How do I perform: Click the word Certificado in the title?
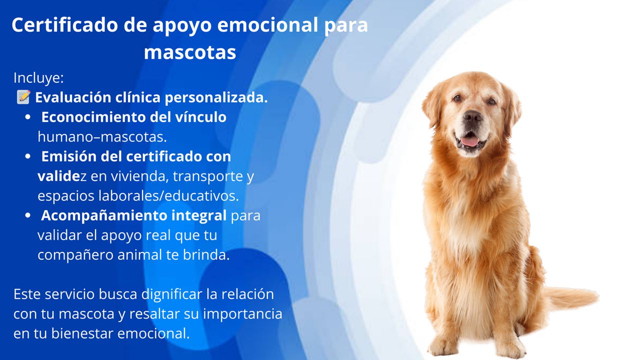[x=64, y=25]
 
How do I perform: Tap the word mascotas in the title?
[x=190, y=52]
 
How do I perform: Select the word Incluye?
[x=38, y=78]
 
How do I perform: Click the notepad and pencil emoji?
[x=23, y=97]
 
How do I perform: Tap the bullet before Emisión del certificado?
[x=27, y=156]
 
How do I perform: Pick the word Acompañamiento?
[x=104, y=215]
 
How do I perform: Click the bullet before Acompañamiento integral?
[x=27, y=215]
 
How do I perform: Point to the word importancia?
[x=242, y=314]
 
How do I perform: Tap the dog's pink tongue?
[x=470, y=141]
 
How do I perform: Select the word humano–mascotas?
[x=102, y=137]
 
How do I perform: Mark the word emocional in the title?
[x=267, y=25]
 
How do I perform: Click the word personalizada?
[x=216, y=97]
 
